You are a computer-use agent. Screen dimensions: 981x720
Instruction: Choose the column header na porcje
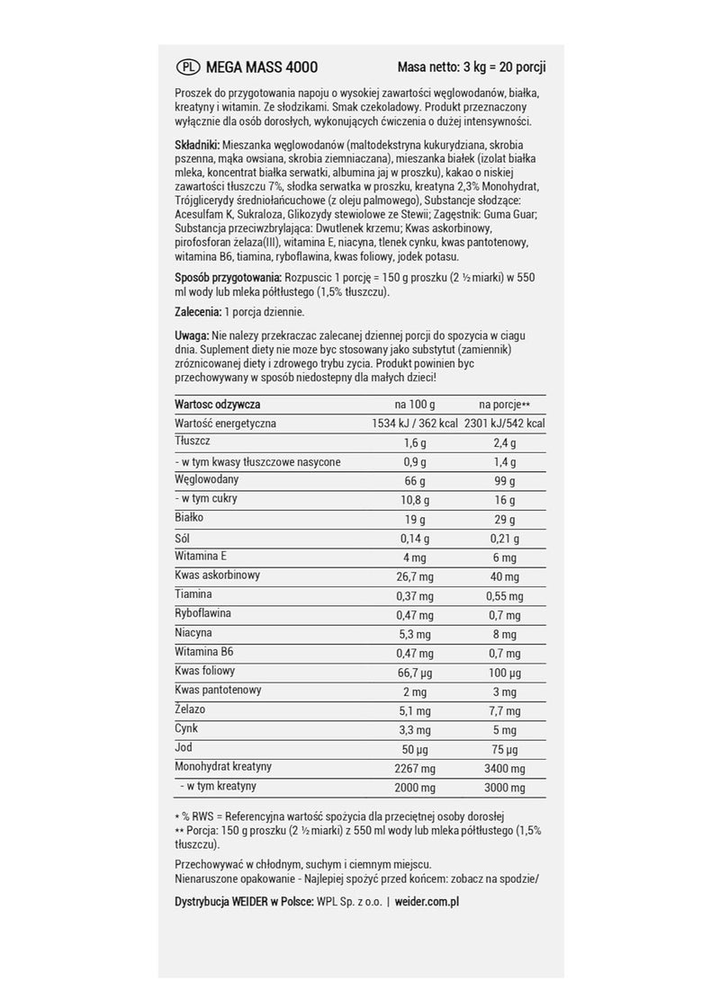500,405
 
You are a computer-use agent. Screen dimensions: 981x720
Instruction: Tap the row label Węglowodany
207,479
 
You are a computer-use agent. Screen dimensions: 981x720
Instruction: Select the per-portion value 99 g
504,480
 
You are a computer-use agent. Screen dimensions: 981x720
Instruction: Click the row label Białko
190,518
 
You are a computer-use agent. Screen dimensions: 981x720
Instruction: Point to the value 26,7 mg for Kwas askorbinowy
416,575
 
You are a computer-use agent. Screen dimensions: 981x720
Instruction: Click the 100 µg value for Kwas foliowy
504,672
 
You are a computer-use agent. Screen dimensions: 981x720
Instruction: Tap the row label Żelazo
190,709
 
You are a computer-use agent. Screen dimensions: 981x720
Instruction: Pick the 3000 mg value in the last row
504,786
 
